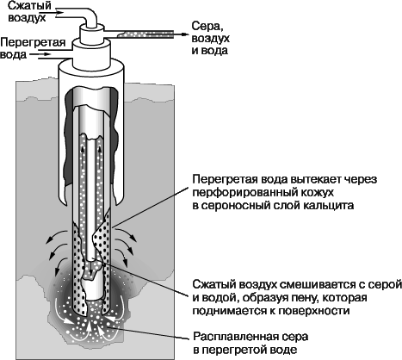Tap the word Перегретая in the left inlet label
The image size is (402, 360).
pos(34,42)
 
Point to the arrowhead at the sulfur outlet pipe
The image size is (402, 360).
pos(184,34)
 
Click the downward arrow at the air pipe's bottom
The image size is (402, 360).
pos(91,270)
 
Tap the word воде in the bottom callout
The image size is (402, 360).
pos(283,350)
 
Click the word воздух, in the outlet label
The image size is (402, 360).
pos(211,39)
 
